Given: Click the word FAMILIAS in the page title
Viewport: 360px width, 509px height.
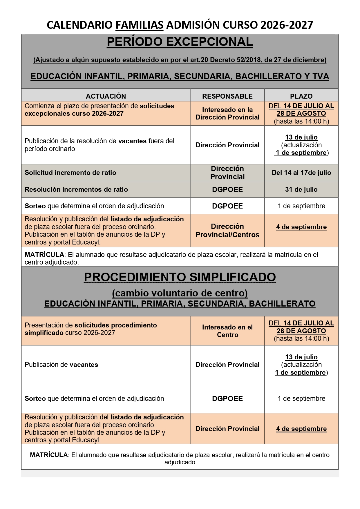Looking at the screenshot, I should click(140, 25).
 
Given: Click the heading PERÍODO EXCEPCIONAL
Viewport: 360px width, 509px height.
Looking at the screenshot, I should click(180, 42).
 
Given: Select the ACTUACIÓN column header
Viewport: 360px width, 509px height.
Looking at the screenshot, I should click(106, 96).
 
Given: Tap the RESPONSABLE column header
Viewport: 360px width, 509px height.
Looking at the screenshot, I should click(227, 96).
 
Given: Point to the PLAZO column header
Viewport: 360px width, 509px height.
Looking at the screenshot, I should click(301, 96).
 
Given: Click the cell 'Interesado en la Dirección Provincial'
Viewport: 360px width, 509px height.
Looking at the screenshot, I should click(227, 113).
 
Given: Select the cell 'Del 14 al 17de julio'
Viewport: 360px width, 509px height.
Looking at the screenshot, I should click(301, 173).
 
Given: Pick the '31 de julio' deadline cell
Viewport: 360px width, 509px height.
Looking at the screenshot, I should click(301, 189).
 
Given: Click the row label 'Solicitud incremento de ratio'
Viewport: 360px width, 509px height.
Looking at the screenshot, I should click(70, 173).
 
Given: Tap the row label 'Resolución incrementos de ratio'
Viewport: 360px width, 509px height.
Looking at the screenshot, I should click(76, 189).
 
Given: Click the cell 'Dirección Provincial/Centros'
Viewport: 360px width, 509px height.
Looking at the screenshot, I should click(227, 231).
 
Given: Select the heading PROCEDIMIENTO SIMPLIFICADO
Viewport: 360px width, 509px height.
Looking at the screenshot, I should click(180, 277).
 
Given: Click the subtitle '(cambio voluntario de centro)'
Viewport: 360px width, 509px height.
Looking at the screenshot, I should click(180, 293).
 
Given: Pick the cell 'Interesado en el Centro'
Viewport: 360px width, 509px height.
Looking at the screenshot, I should click(227, 331).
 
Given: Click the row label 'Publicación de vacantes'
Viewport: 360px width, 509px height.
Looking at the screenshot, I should click(61, 365).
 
